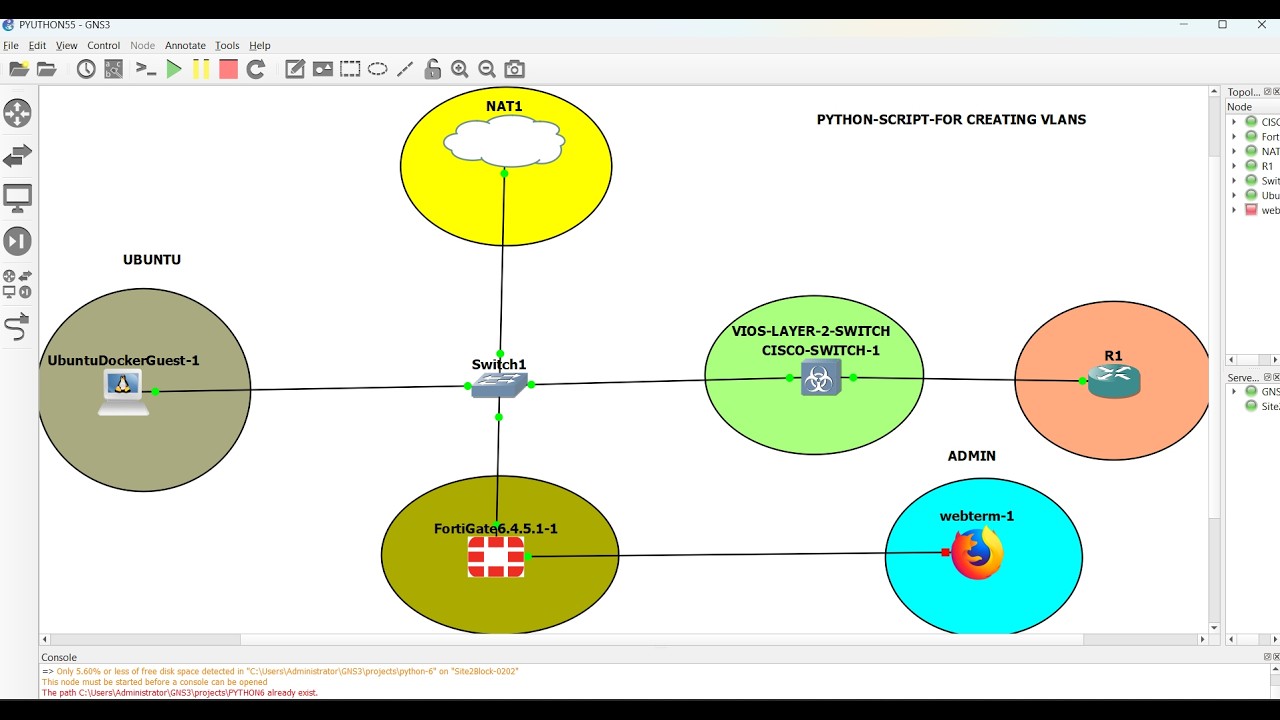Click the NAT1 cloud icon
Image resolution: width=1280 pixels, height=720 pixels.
(x=504, y=141)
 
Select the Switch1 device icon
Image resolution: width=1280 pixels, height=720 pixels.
(x=499, y=385)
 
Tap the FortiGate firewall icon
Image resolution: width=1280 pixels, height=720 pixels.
(x=496, y=557)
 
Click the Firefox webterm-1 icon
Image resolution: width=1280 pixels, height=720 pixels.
(x=977, y=554)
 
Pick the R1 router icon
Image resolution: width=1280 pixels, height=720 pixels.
(x=1114, y=381)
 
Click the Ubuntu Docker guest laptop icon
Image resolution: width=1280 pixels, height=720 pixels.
(x=123, y=391)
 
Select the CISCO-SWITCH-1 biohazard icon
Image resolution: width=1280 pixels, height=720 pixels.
(x=821, y=378)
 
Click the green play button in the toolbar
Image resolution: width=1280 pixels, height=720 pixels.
(x=174, y=69)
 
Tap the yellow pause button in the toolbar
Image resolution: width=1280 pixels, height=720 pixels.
(x=201, y=69)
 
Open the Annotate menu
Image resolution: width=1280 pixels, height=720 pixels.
(x=185, y=46)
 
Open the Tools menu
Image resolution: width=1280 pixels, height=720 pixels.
(x=227, y=46)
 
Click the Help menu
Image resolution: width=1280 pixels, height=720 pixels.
(x=260, y=46)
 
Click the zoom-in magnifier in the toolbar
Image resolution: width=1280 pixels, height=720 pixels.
(x=460, y=69)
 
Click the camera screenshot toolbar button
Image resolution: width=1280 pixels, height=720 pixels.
(x=514, y=69)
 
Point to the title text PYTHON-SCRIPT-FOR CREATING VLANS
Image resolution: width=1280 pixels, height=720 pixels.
(x=951, y=120)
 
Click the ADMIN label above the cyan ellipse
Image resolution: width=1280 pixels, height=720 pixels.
(x=971, y=456)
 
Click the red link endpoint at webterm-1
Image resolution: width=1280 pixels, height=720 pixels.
(x=945, y=552)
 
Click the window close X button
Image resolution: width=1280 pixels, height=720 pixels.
(x=1261, y=25)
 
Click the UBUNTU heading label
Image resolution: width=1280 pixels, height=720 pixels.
(x=152, y=260)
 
